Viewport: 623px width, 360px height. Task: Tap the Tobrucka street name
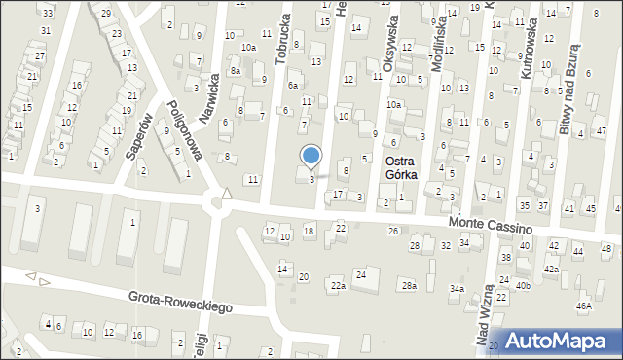[x=282, y=43]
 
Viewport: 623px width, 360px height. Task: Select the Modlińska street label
[x=443, y=40]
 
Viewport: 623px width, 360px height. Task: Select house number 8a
[x=236, y=71]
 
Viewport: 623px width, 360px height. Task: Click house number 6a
[x=292, y=86]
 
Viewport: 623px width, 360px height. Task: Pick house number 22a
[x=337, y=286]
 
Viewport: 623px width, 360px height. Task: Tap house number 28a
[x=409, y=285]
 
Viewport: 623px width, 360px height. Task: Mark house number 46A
[x=583, y=306]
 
